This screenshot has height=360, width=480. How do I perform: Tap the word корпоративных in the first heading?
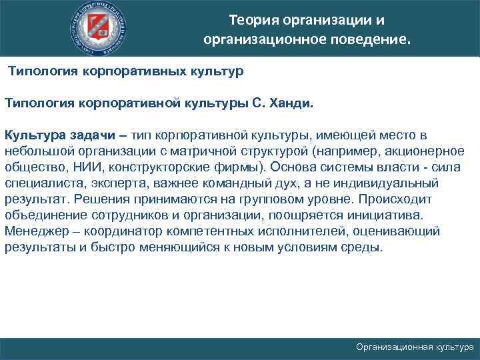pos(133,70)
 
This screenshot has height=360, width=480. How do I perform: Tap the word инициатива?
pos(385,215)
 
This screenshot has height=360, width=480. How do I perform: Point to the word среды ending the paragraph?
pos(364,247)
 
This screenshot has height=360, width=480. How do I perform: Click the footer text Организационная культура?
pos(415,347)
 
